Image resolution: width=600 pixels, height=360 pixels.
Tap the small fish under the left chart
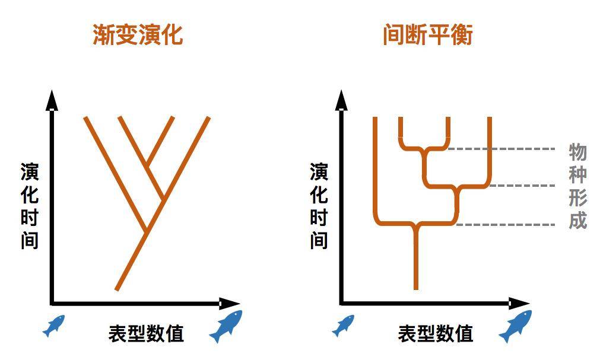(54, 326)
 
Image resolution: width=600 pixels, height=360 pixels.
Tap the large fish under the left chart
(226, 326)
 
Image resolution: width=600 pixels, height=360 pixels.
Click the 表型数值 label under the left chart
(146, 333)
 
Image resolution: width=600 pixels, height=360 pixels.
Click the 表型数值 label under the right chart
(436, 333)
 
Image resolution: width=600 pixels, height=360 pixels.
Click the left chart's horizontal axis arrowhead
(230, 304)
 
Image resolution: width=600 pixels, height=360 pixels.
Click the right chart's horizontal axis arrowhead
(520, 304)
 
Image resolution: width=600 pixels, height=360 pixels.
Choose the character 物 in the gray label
(577, 152)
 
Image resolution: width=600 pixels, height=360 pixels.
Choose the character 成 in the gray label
(577, 220)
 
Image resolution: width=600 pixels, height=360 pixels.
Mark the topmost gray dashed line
(501, 149)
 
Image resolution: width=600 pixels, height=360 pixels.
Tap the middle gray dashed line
(522, 186)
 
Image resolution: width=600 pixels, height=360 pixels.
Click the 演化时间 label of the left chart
(30, 206)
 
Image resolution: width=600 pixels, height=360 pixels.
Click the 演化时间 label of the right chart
(319, 206)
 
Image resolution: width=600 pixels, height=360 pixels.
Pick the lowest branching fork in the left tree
(146, 231)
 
